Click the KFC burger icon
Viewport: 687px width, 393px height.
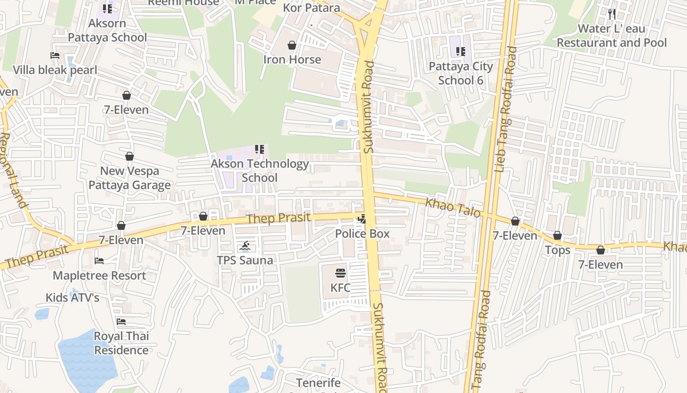click(340, 273)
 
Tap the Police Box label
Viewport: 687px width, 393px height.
click(362, 234)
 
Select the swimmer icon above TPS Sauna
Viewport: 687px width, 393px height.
click(245, 246)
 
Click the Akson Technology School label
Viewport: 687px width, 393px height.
click(260, 170)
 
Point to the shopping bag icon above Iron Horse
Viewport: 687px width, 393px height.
click(292, 46)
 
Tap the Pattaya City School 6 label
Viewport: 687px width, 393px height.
click(460, 73)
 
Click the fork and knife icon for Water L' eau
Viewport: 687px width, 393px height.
click(611, 14)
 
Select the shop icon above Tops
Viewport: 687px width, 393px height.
click(557, 236)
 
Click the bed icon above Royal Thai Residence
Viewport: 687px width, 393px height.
click(121, 322)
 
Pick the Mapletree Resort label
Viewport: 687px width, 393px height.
click(99, 276)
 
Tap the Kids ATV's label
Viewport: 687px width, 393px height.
click(72, 298)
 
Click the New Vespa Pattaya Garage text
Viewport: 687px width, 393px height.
click(130, 178)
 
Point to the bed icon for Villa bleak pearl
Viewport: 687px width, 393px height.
click(55, 56)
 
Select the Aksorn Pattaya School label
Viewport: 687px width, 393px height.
click(107, 30)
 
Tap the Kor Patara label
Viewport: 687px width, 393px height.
click(312, 8)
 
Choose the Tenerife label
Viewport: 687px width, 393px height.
click(318, 383)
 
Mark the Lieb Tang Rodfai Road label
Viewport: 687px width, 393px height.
click(506, 109)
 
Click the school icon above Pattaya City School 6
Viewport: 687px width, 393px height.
click(460, 51)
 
